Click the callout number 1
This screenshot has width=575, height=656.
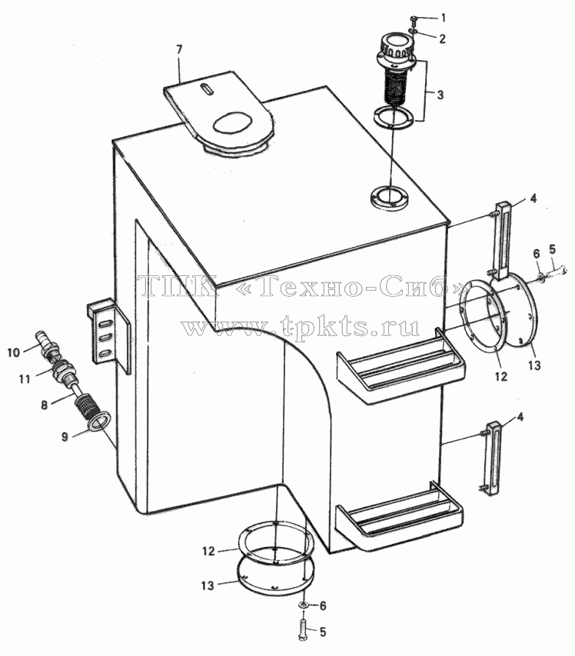(444, 18)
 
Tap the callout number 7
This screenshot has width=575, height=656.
(179, 50)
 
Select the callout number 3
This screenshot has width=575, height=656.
(440, 95)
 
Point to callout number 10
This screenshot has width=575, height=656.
(13, 352)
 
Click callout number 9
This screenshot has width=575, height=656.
(65, 437)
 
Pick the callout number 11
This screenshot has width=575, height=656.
(25, 379)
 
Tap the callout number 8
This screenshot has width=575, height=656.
(45, 405)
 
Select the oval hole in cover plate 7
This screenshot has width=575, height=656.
(234, 123)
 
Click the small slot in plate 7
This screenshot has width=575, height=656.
(205, 89)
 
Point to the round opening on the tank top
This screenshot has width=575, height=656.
(389, 196)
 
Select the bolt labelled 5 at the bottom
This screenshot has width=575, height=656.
(303, 626)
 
